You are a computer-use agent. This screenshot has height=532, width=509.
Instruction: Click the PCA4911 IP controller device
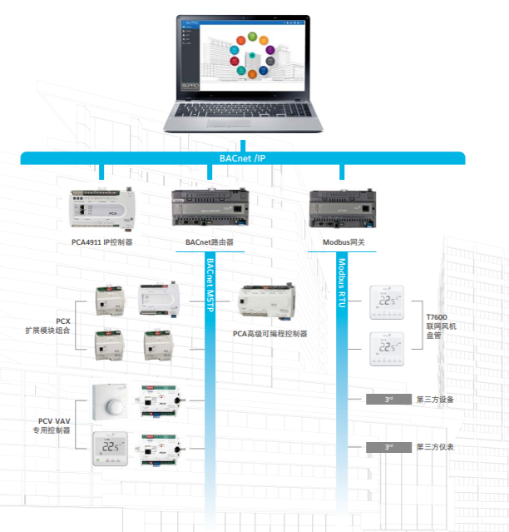click(x=101, y=208)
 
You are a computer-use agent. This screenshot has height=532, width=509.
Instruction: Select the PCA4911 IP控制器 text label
click(x=101, y=243)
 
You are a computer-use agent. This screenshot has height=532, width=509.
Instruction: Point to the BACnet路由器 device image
click(x=209, y=209)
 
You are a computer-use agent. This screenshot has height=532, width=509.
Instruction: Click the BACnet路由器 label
click(x=209, y=243)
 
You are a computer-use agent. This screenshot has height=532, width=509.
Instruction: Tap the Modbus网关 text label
click(x=343, y=243)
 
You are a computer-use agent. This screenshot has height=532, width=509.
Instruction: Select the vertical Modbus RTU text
click(x=341, y=283)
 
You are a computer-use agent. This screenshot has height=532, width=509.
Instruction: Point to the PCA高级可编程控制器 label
click(x=269, y=333)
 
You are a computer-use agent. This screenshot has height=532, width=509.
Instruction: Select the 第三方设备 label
click(x=434, y=400)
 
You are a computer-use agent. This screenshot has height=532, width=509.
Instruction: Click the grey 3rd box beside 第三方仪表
click(x=388, y=448)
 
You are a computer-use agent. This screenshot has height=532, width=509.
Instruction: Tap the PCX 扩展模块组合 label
click(x=52, y=326)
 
